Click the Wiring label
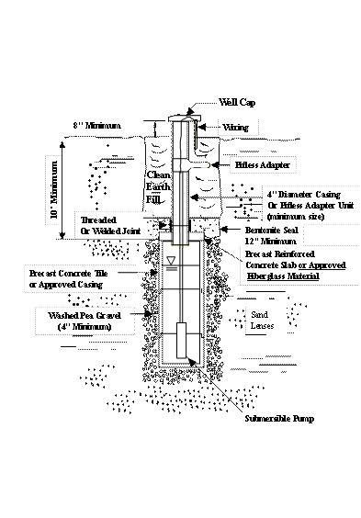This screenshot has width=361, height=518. (240, 128)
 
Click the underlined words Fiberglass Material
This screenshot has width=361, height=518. (281, 276)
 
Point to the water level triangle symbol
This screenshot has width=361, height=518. (171, 263)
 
